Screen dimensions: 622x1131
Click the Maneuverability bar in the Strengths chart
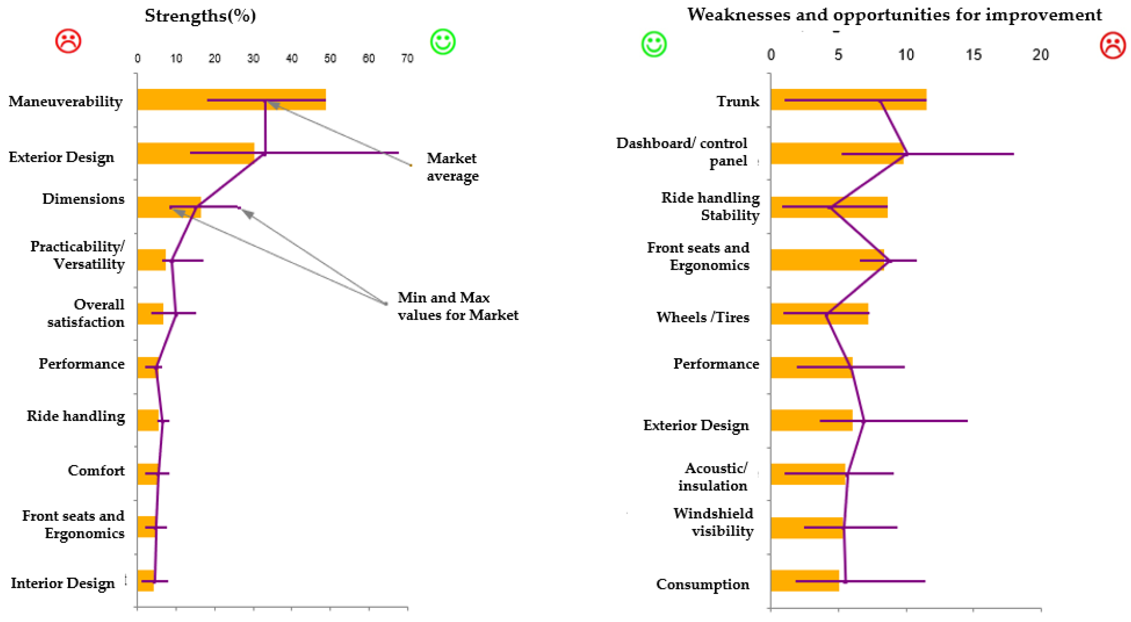[x=231, y=99]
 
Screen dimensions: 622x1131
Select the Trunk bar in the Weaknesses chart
[x=848, y=99]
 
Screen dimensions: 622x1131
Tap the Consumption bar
[x=804, y=581]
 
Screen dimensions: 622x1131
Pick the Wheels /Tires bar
[x=819, y=313]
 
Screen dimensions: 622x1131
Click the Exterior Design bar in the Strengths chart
[x=195, y=153]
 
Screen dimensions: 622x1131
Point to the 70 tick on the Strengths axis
[x=407, y=59]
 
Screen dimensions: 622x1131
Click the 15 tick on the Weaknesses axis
[x=973, y=55]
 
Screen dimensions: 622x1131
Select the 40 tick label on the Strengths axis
[x=292, y=59]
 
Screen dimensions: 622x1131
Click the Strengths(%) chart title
[x=200, y=16]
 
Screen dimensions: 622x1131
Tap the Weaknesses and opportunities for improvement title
[x=894, y=14]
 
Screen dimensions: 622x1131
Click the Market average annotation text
[x=452, y=167]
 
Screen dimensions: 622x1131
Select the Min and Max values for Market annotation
[x=458, y=306]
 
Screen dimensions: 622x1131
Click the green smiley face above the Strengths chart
[x=442, y=42]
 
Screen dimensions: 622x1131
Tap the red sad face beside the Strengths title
[x=68, y=41]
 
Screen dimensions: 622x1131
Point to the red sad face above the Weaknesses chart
[x=1113, y=45]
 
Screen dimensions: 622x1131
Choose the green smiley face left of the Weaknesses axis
[x=654, y=44]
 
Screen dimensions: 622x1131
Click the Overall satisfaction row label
[x=86, y=313]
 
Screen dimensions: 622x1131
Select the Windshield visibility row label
[x=714, y=522]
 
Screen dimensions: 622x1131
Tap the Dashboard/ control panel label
[x=682, y=152]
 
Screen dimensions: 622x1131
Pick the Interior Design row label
[x=63, y=583]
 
